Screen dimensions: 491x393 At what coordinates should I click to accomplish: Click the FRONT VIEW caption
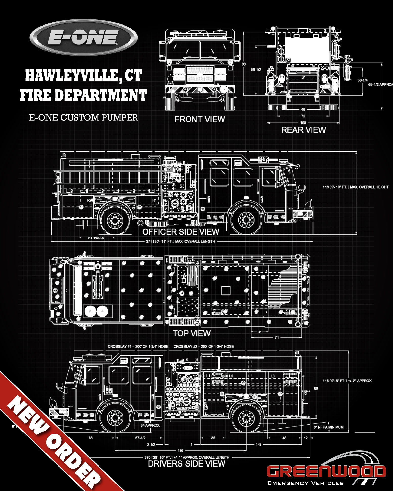click(200, 119)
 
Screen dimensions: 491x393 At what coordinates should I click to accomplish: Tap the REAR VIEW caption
click(303, 130)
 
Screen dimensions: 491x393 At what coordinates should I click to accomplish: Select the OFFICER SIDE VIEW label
click(180, 232)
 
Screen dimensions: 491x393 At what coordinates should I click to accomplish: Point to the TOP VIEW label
click(192, 333)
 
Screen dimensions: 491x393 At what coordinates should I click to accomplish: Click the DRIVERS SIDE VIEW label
click(187, 464)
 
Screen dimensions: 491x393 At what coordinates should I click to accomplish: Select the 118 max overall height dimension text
click(355, 187)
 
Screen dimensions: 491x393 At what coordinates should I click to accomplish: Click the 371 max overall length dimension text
click(180, 241)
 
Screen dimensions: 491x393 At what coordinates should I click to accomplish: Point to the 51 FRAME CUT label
click(97, 238)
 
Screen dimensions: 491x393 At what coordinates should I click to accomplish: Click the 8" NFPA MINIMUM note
click(329, 427)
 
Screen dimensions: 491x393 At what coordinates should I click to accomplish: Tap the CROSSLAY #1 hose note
click(138, 346)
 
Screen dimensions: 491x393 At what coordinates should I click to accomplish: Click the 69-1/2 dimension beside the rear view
click(256, 70)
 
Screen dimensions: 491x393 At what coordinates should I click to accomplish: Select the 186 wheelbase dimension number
click(180, 450)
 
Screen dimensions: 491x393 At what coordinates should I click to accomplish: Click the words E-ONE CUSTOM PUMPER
click(83, 118)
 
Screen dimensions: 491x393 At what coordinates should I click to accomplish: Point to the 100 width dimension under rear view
click(303, 123)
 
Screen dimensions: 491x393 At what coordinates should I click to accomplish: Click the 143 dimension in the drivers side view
click(258, 444)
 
